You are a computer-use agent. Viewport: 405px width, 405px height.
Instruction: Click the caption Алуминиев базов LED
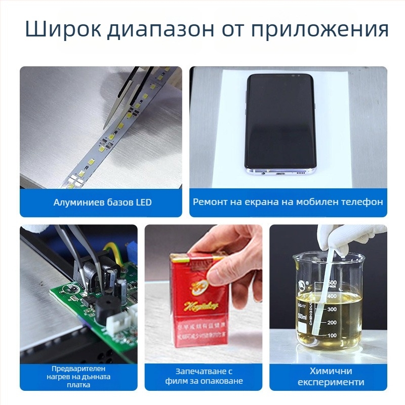[x=102, y=202]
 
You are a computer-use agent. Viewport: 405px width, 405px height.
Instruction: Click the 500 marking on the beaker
[x=332, y=282]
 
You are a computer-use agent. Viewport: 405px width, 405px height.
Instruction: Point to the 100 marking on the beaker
[x=332, y=335]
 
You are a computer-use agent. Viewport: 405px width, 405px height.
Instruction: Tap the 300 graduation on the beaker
[x=332, y=309]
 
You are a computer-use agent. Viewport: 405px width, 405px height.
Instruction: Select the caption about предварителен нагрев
[x=81, y=377]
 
